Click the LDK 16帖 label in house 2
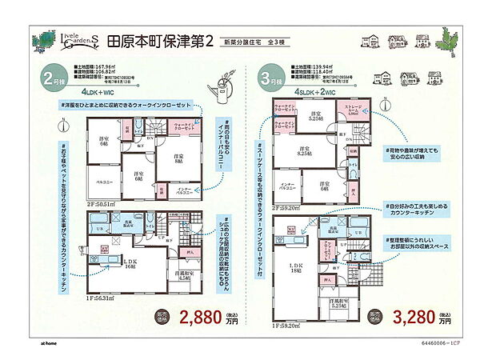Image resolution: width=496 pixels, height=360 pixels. point(106,263)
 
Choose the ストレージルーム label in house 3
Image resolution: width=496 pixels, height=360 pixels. point(353,110)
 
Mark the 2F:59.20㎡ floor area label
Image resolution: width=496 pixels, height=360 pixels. point(287,206)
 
